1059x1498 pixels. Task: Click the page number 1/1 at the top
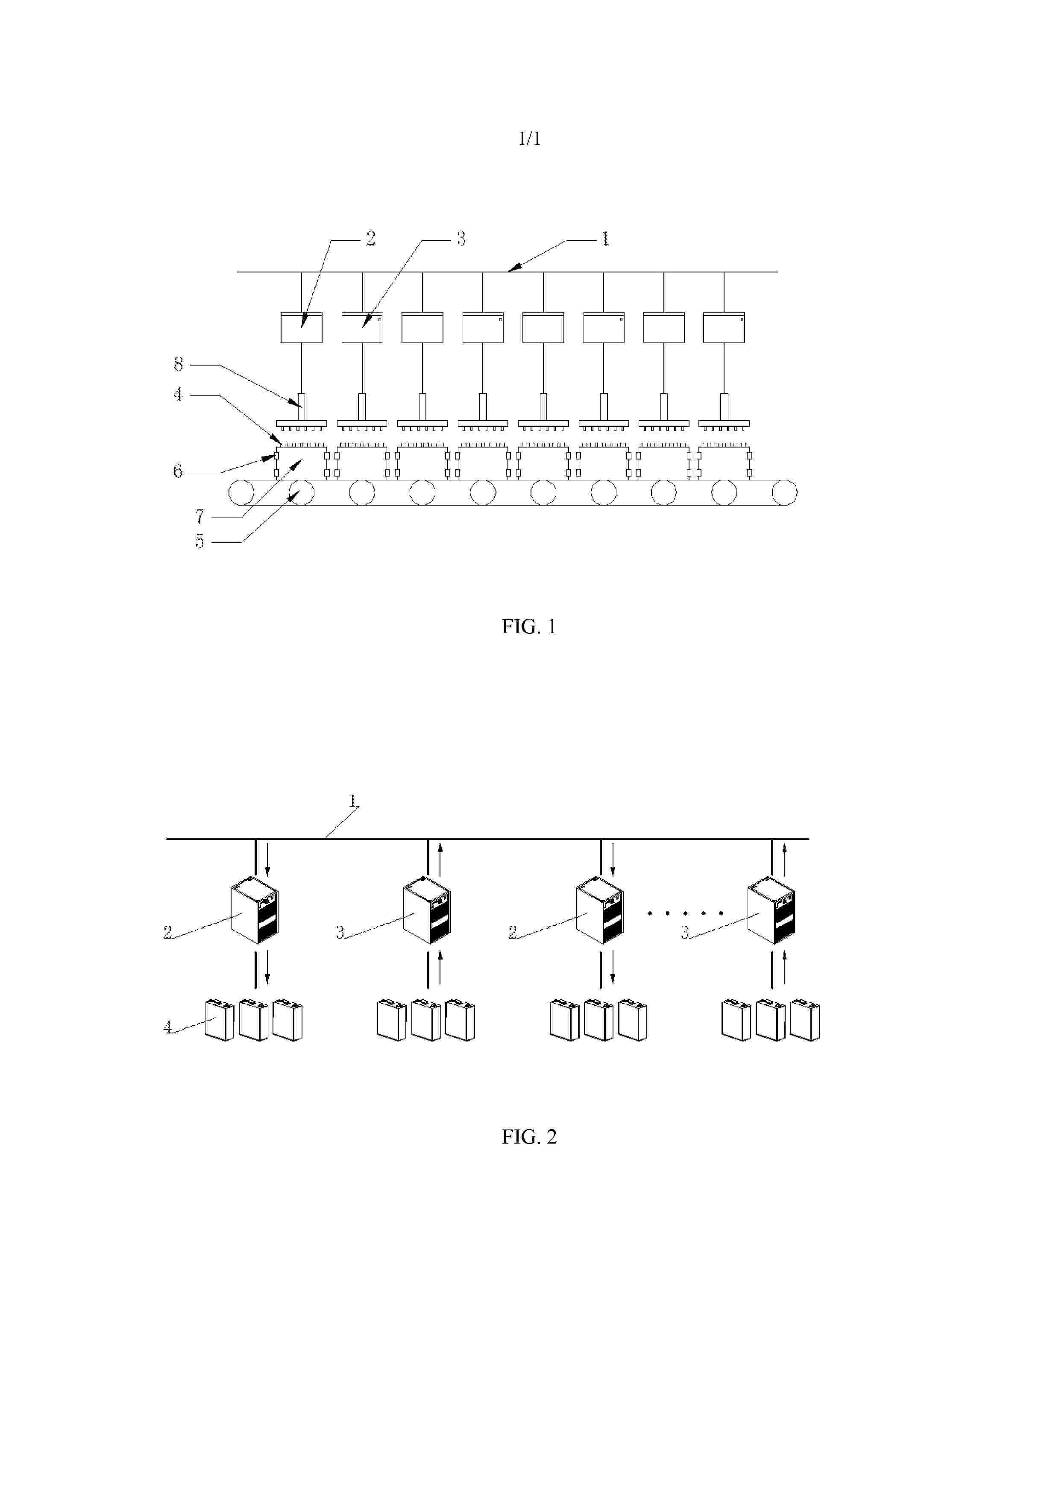[529, 138]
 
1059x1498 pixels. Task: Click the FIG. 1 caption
[528, 627]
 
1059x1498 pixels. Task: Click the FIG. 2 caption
[528, 1137]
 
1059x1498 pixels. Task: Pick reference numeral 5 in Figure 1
[199, 541]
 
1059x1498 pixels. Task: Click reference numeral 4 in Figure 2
[168, 1027]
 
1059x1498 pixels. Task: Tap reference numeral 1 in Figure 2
[353, 801]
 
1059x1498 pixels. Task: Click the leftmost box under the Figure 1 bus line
[302, 328]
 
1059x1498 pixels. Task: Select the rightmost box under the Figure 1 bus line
[724, 328]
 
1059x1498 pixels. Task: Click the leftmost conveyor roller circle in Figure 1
[241, 493]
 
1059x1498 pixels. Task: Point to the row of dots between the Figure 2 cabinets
[685, 913]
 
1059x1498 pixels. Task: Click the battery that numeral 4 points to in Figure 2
[219, 1020]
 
